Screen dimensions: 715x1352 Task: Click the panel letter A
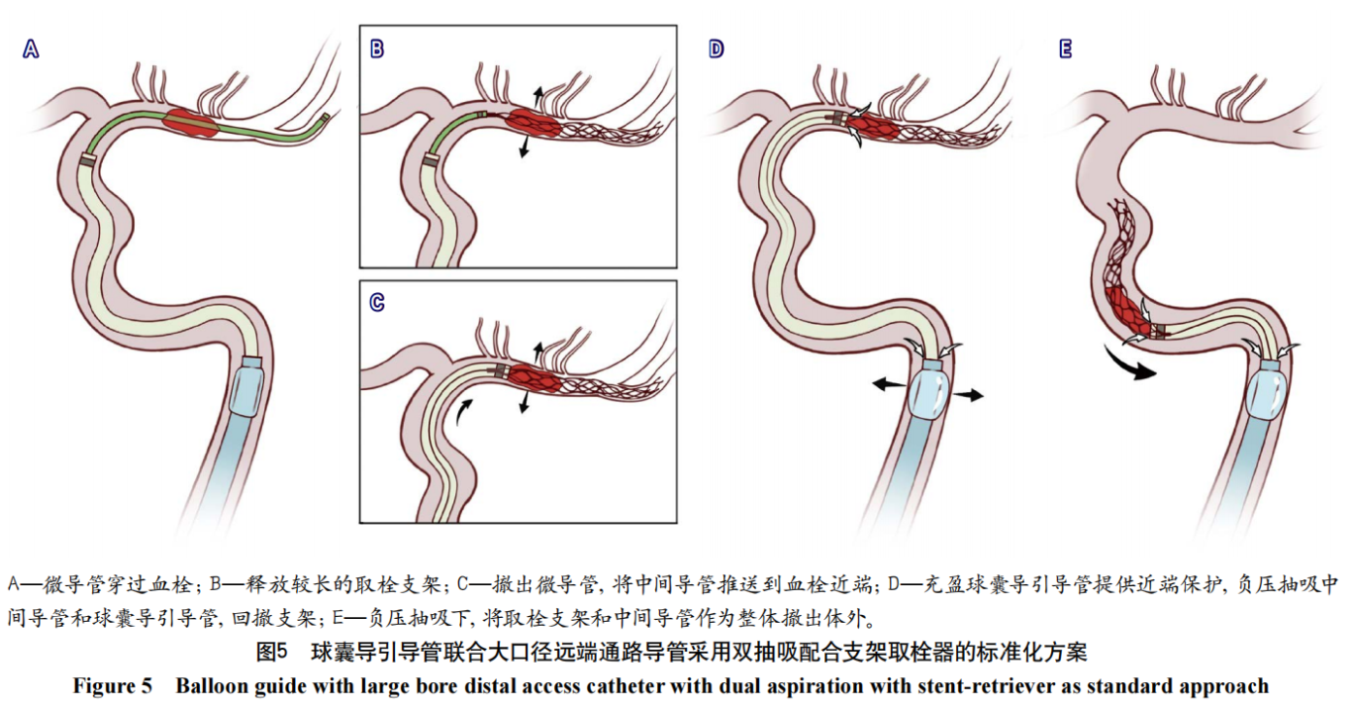[x=31, y=49]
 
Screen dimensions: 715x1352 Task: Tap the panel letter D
[x=717, y=49]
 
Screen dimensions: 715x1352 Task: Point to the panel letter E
[x=1065, y=49]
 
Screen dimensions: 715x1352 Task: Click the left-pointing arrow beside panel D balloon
[x=885, y=387]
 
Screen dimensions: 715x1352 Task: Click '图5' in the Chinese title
[x=271, y=653]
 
